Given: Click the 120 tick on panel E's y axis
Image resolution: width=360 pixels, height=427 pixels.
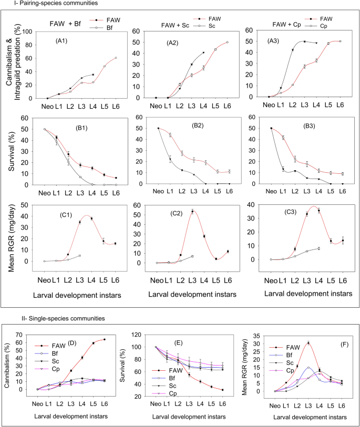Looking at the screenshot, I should (x=142, y=335).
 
